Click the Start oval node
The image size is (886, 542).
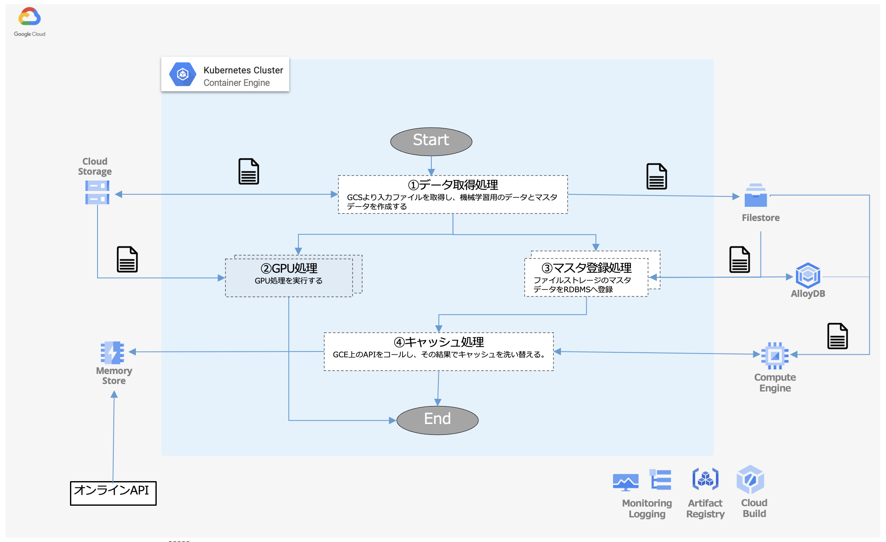[431, 141]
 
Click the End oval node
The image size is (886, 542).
[437, 419]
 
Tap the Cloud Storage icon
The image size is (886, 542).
[97, 192]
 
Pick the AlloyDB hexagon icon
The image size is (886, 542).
[808, 275]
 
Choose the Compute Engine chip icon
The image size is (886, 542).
[775, 356]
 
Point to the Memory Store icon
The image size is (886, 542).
[113, 352]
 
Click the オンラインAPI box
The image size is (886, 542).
[113, 493]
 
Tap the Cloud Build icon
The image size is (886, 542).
[750, 479]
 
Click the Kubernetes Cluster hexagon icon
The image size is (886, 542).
[183, 74]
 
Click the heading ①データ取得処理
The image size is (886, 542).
[453, 185]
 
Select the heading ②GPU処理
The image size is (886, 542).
[289, 268]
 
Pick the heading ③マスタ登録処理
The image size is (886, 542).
[586, 268]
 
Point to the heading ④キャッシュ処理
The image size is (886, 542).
[439, 342]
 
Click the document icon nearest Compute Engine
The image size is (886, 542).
[837, 336]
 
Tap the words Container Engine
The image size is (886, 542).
[236, 83]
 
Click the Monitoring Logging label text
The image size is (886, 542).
[647, 509]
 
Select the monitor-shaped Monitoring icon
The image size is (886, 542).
[626, 482]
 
